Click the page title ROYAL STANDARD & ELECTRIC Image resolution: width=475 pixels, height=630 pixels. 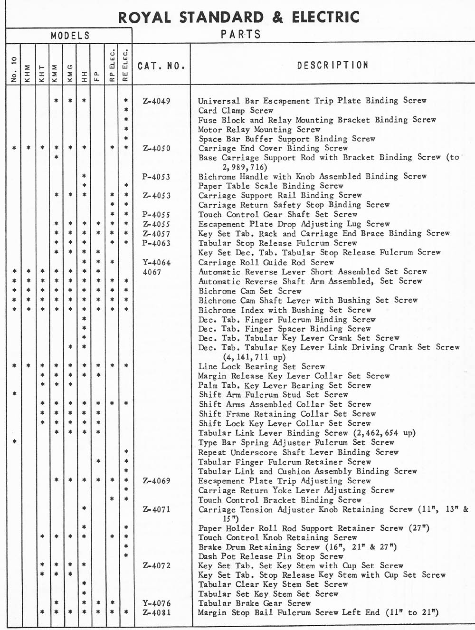point(239,17)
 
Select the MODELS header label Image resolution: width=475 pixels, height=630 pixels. point(70,36)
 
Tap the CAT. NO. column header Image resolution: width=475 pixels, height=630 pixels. point(161,66)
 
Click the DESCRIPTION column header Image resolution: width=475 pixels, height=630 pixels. point(332,65)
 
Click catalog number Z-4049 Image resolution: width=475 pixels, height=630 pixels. point(156,101)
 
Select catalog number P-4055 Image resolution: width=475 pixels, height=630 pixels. point(156,215)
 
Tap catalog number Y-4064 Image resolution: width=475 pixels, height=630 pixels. point(156,262)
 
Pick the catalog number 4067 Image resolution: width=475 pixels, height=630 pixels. point(152,272)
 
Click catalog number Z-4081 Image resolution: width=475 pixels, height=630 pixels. point(156,612)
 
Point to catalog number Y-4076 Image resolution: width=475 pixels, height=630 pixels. point(156,603)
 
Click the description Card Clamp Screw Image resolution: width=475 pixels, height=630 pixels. point(236,110)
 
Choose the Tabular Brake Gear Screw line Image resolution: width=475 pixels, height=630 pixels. point(255,603)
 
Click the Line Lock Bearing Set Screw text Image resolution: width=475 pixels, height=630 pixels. point(262,366)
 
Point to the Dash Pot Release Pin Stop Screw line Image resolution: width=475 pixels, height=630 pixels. point(271,556)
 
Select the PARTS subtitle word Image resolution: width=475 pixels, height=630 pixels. point(241,35)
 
